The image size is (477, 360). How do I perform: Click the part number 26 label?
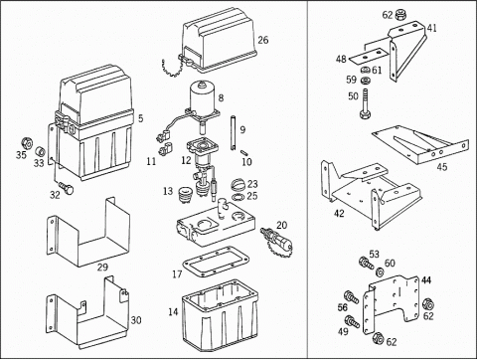tap(263, 40)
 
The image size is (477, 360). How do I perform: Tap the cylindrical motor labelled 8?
tap(203, 98)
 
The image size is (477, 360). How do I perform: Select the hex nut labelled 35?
tap(27, 143)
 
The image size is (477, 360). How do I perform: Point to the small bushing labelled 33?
tap(40, 151)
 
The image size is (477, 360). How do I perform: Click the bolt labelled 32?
tap(67, 187)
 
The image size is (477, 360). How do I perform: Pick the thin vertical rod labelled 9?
tap(233, 132)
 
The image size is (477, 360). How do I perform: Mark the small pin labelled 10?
tap(244, 153)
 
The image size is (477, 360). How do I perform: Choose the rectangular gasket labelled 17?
tap(216, 262)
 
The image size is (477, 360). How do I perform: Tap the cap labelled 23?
tap(238, 184)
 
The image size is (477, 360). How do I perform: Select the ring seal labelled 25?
tap(238, 198)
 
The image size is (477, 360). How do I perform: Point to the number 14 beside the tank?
tap(173, 312)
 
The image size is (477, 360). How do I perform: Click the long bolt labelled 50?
tap(365, 103)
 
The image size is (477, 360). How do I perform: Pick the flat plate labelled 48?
tap(368, 57)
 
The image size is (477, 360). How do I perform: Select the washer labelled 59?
tap(366, 81)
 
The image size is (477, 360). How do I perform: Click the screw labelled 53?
tap(366, 263)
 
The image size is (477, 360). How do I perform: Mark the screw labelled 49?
tap(352, 321)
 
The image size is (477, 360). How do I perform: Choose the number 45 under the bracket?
tap(442, 167)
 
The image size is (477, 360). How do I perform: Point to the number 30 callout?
tap(136, 320)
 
